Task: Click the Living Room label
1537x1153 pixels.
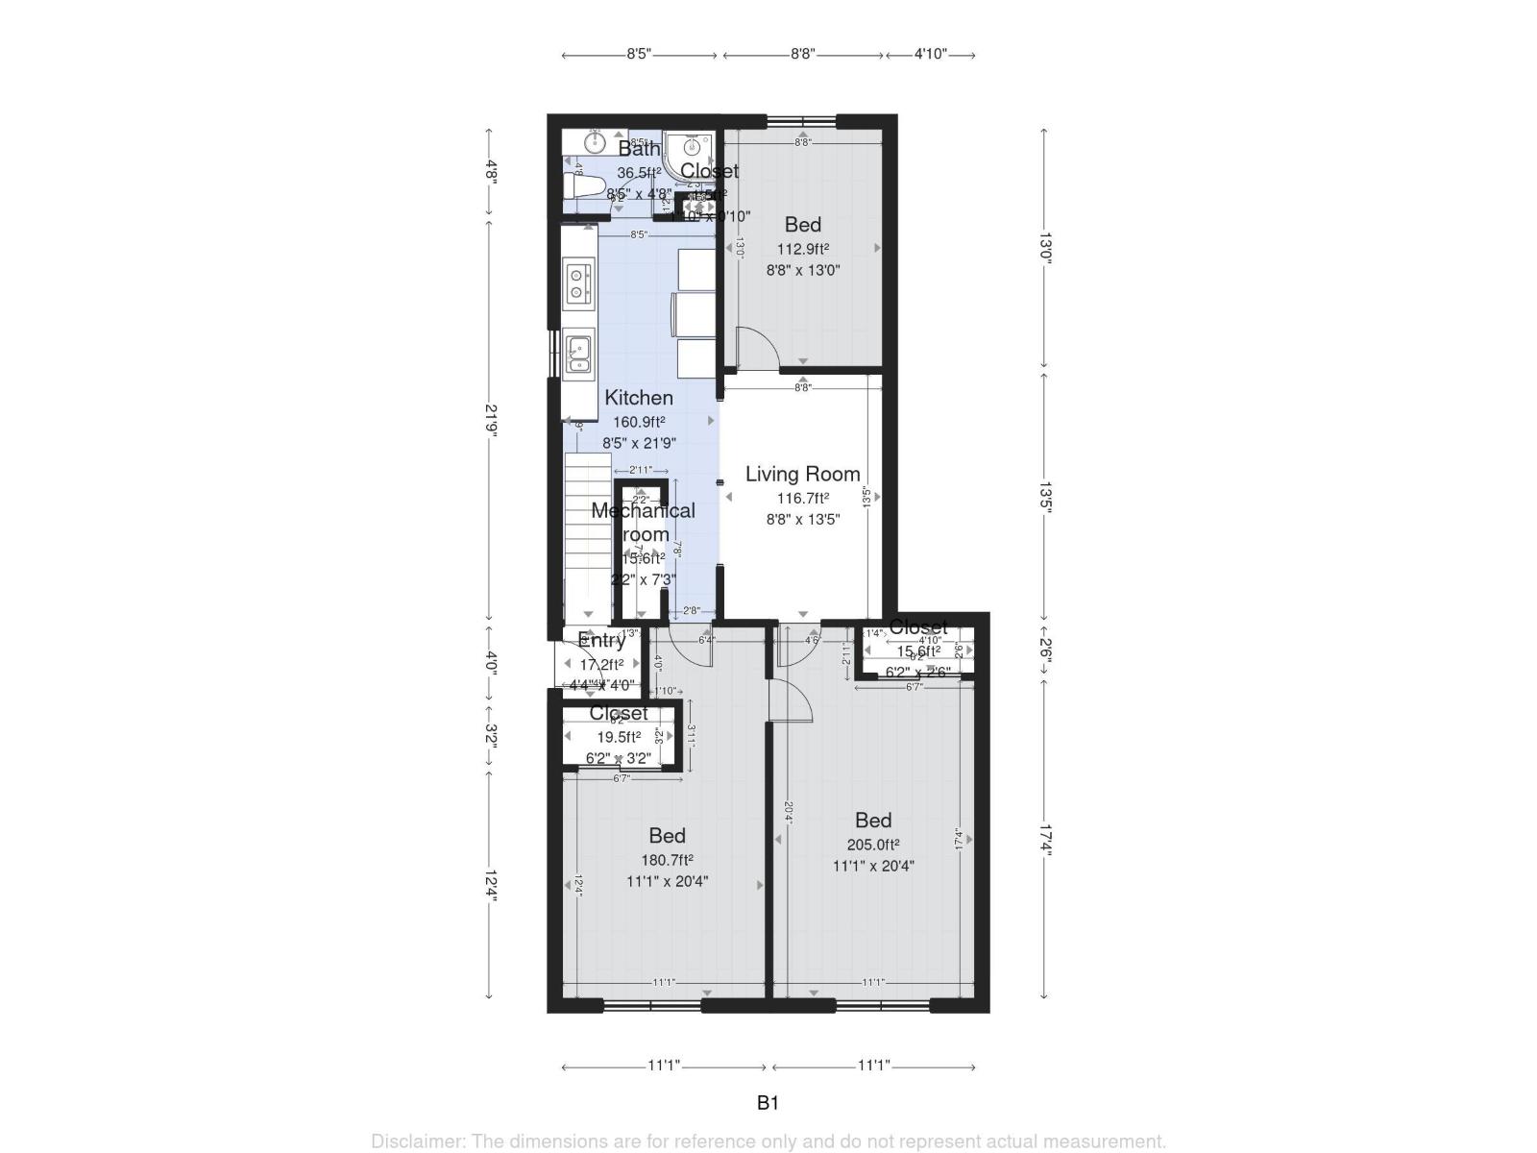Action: tap(802, 474)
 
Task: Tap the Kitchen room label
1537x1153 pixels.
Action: tap(639, 398)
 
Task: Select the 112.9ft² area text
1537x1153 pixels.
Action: tap(803, 249)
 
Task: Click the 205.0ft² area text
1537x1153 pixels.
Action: tap(872, 845)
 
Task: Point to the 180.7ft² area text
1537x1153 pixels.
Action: tap(667, 860)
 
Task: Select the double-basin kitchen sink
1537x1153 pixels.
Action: tap(577, 353)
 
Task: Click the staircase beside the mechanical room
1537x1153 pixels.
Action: tap(587, 538)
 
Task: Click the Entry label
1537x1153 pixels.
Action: tap(602, 641)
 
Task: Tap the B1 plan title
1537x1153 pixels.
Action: tap(768, 1103)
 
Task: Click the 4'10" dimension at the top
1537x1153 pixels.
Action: tap(930, 55)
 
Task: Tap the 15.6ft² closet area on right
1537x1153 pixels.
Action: tap(917, 650)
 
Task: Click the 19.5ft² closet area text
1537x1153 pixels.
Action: tap(619, 737)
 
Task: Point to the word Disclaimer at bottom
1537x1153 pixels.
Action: tap(419, 1141)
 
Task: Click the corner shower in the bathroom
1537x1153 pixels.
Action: tap(690, 150)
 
